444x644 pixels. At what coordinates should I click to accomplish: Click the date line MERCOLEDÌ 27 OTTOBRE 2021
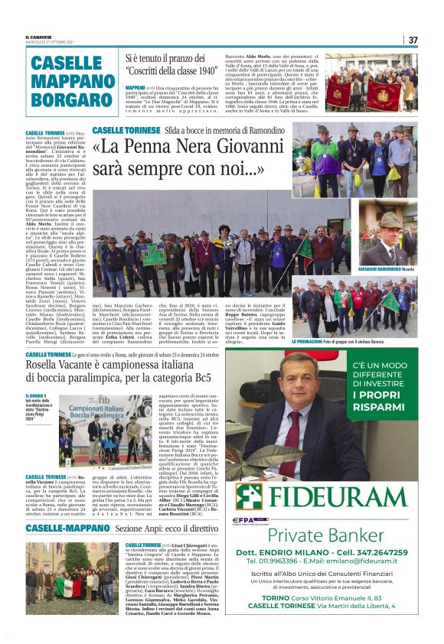(50, 43)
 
